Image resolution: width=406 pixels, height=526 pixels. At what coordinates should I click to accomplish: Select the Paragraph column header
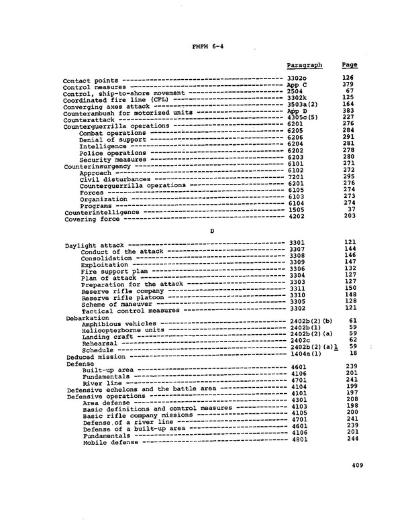coord(304,65)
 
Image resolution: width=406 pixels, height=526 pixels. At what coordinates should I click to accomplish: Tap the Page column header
coord(349,65)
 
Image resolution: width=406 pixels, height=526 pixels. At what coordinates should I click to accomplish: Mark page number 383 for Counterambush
coord(349,113)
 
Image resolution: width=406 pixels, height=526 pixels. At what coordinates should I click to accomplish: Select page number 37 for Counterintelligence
coord(352,209)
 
